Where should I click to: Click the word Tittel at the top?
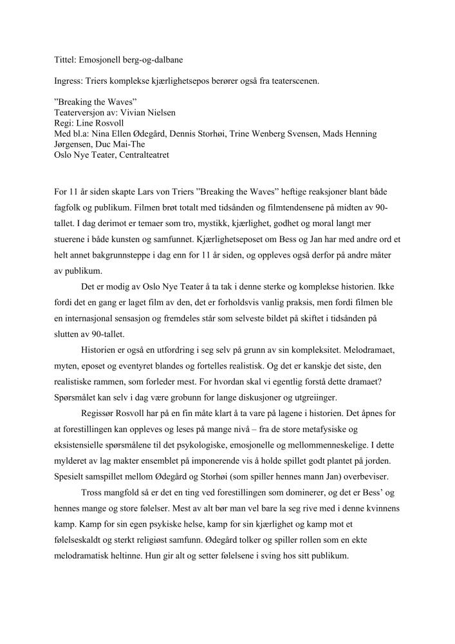[x=64, y=60]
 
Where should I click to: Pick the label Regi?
[x=62, y=123]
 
